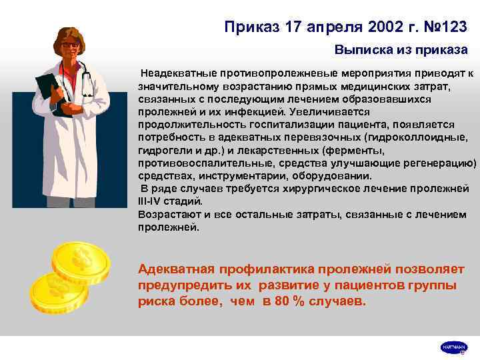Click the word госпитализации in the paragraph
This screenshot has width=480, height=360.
pyautogui.click(x=273, y=125)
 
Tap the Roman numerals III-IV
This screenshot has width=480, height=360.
pyautogui.click(x=154, y=200)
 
